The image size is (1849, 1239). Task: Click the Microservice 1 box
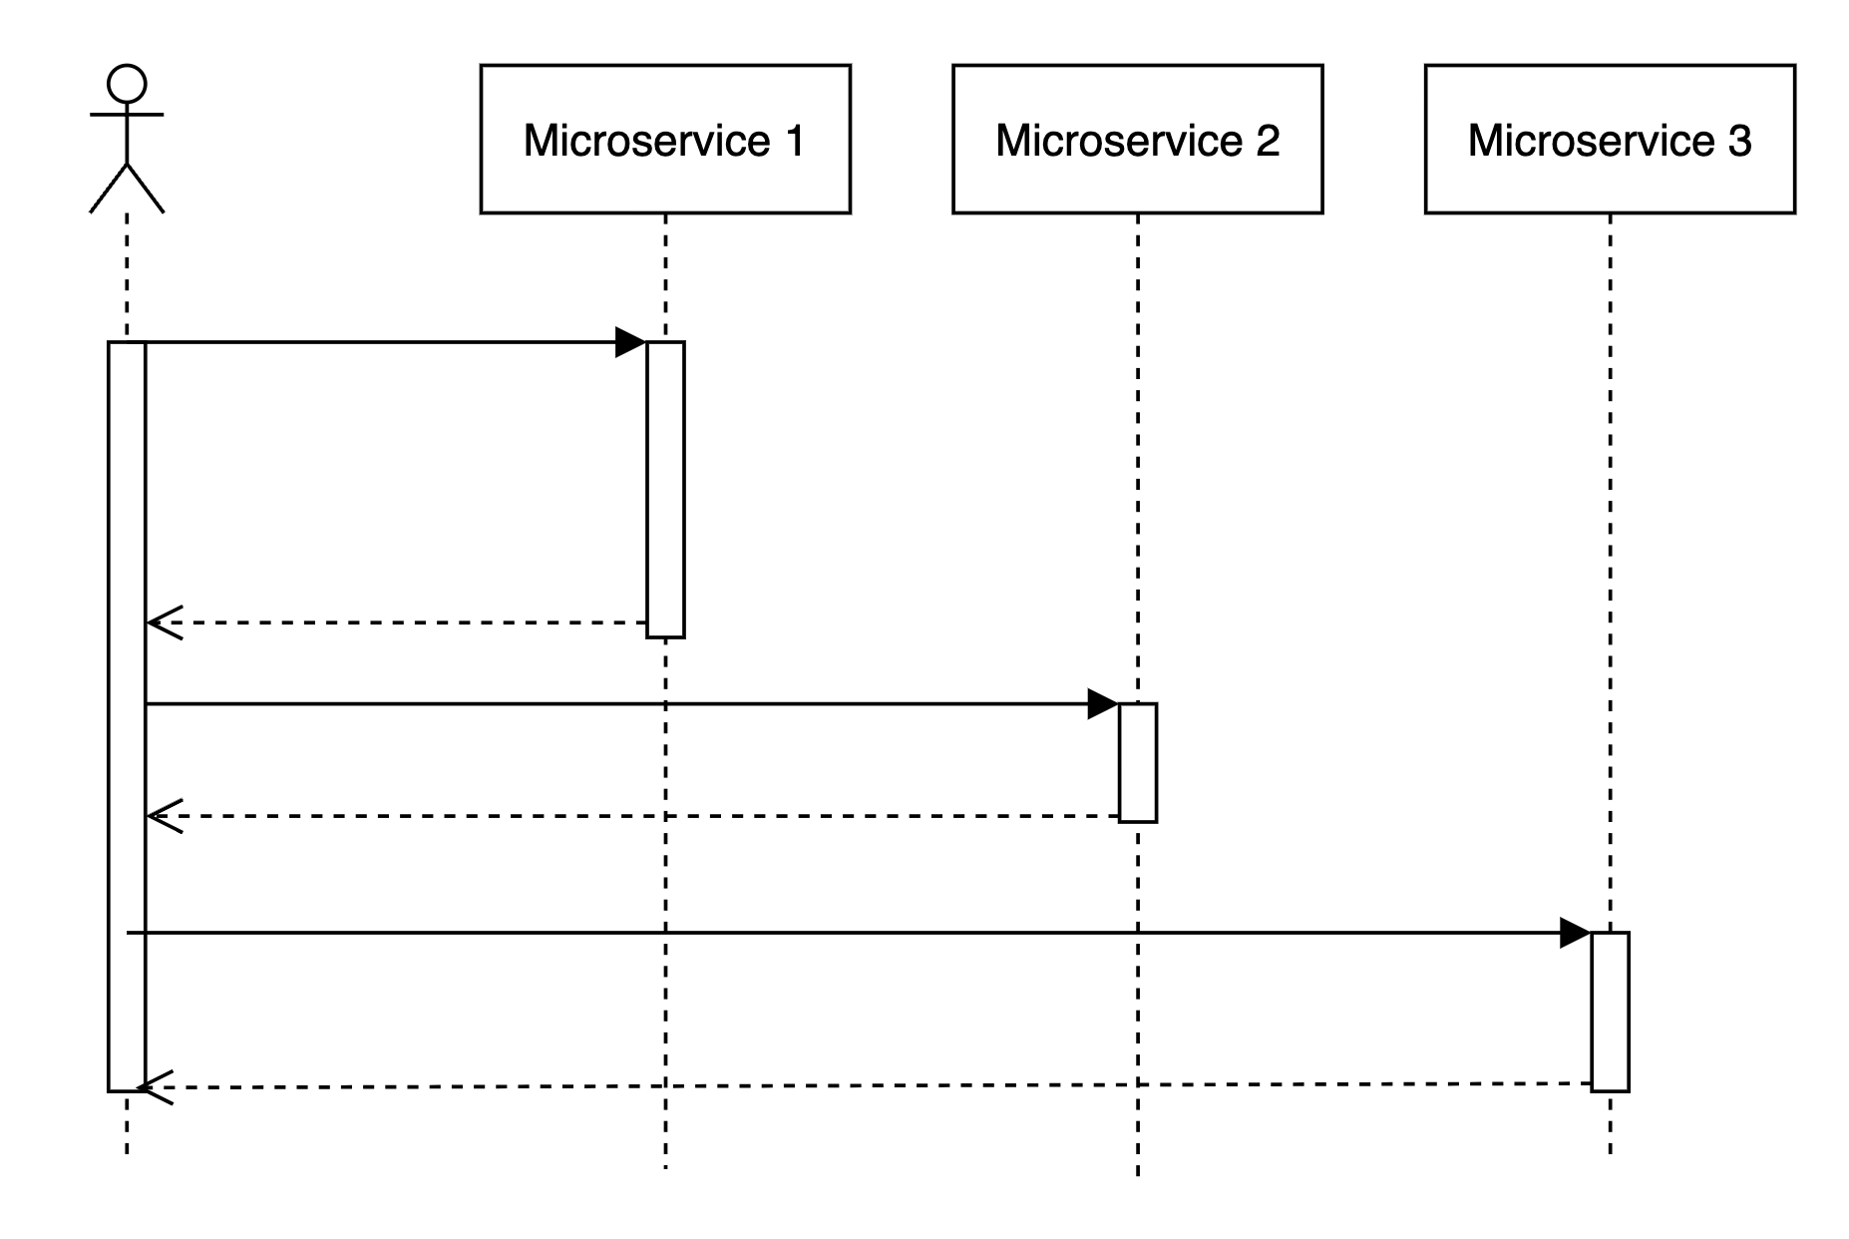[664, 139]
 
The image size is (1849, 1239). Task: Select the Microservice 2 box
[1137, 139]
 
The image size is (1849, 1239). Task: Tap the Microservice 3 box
[1609, 139]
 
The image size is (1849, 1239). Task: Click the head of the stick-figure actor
[127, 84]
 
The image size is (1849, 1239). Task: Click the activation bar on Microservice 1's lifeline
[665, 489]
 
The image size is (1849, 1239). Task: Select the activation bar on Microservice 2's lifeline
[1137, 762]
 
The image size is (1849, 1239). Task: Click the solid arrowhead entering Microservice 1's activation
[630, 342]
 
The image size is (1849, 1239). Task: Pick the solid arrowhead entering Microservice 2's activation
[1102, 704]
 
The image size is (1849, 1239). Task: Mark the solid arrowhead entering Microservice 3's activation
[1575, 934]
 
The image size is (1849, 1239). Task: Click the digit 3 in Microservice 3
[1739, 141]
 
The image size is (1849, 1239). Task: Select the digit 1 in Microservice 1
[795, 141]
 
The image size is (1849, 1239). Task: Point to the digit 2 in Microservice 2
[1267, 141]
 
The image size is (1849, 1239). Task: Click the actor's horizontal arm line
[127, 115]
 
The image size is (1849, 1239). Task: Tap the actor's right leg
[146, 188]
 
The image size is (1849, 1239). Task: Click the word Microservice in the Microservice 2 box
[1118, 141]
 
